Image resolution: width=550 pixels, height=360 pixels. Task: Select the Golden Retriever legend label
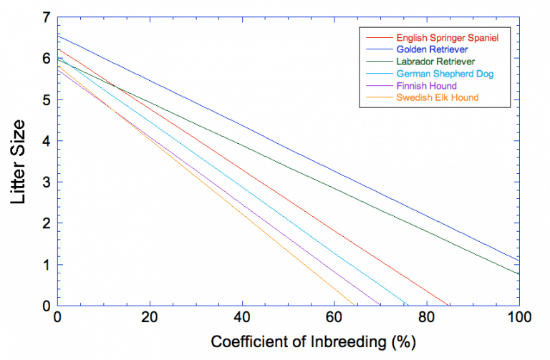click(432, 49)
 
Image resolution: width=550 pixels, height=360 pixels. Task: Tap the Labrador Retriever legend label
click(435, 62)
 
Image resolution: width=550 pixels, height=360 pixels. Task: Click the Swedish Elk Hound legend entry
click(437, 98)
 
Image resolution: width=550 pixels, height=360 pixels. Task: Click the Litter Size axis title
click(19, 161)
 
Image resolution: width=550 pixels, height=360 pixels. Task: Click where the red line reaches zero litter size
click(449, 306)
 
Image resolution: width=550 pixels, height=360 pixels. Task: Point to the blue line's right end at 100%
click(518, 260)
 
